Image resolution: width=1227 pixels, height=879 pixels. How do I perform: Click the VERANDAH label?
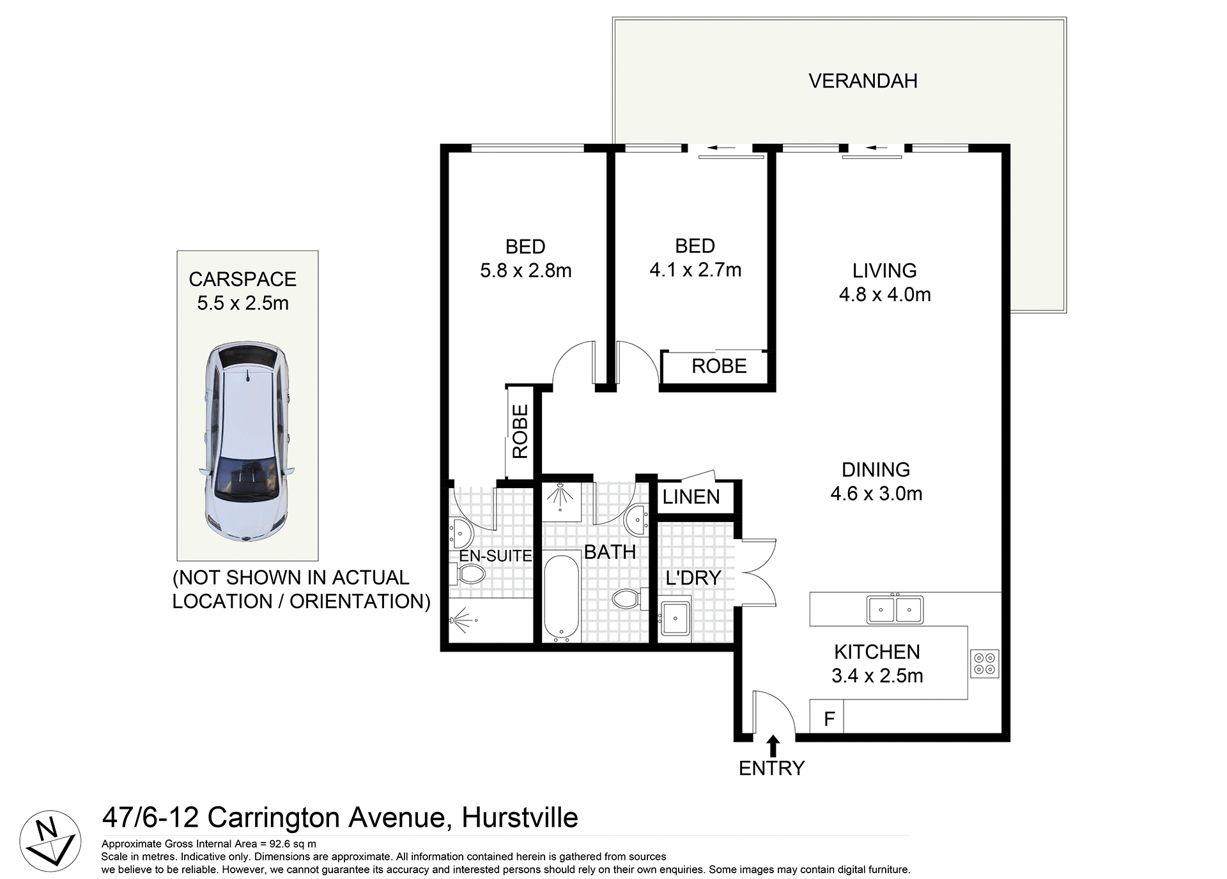point(862,81)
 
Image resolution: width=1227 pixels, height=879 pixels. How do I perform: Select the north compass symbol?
point(49,841)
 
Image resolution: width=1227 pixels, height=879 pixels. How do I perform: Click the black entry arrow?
point(773,745)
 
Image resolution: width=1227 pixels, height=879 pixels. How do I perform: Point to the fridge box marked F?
point(828,717)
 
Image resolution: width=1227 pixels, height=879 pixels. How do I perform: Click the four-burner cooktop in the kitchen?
point(984,663)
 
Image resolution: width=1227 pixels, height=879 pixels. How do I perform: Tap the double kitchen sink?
point(894,609)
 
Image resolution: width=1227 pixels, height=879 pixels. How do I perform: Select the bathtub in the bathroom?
point(562,598)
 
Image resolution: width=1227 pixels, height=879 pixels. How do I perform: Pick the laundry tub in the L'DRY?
point(675,617)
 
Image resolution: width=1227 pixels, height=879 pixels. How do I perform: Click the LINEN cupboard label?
point(691,496)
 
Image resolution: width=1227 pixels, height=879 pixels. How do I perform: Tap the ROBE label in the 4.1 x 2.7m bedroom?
point(719,366)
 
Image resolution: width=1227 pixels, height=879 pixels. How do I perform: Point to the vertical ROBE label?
point(520,431)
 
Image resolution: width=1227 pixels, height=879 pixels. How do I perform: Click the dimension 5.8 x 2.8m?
point(525,271)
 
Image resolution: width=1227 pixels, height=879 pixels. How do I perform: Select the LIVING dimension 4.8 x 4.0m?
point(884,294)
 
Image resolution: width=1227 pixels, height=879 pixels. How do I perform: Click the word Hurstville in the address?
point(520,818)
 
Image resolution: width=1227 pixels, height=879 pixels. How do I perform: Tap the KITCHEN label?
point(877,652)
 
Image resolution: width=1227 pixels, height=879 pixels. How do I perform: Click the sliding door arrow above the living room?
point(874,149)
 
